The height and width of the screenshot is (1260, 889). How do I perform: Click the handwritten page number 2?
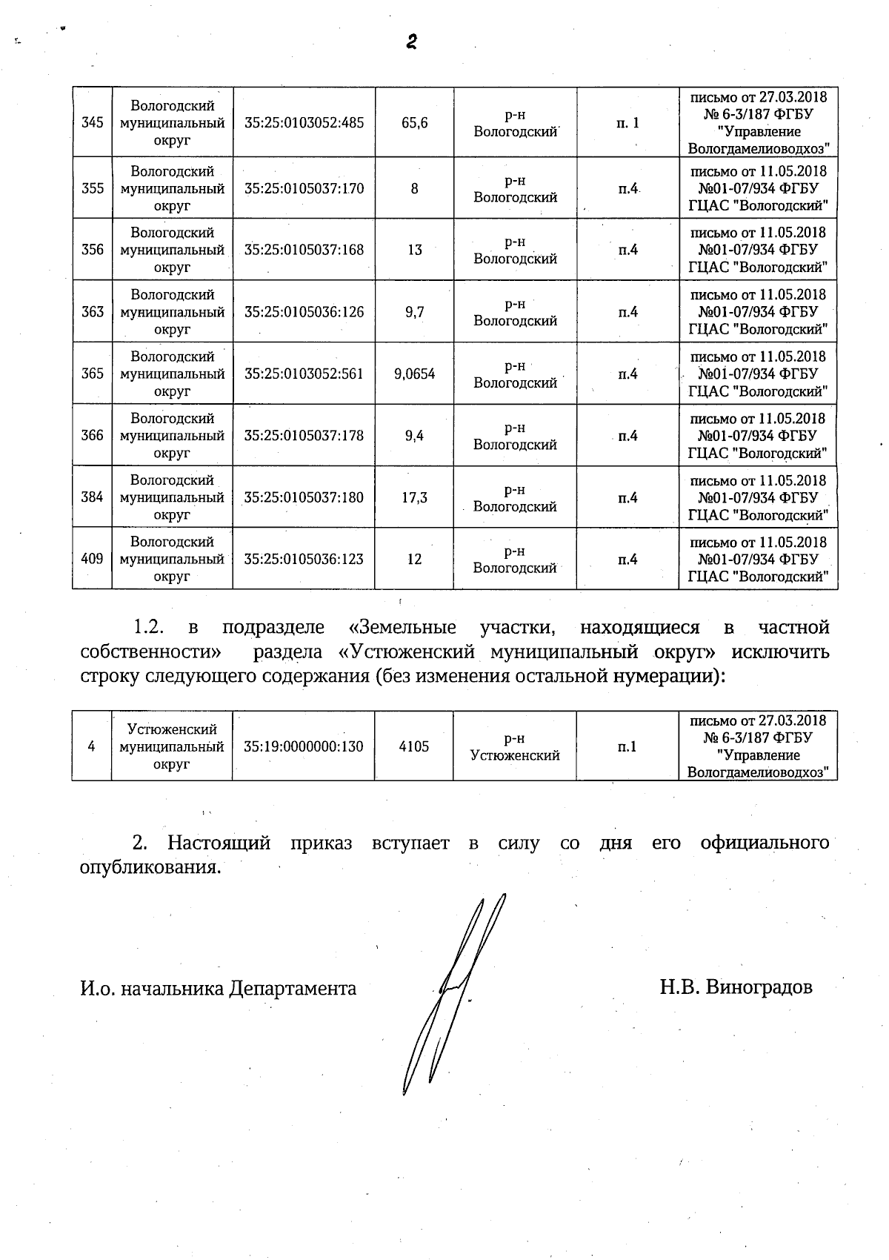point(412,42)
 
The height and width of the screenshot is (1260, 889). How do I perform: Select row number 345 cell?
point(92,123)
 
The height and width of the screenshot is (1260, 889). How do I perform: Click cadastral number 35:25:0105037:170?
point(304,188)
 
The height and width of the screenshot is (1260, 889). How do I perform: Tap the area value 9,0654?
point(415,374)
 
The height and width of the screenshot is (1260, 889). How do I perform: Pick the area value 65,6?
point(415,123)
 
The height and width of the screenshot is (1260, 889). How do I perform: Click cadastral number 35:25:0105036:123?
point(304,559)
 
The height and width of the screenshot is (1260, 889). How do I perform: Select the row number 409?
point(92,559)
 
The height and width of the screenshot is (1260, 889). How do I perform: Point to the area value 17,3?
point(415,497)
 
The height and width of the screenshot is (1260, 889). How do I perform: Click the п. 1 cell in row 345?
point(627,123)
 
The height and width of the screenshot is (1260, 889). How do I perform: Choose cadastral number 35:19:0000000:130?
point(304,746)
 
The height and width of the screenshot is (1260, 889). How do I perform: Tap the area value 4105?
point(414,746)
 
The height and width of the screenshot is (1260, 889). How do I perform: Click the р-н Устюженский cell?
point(515,747)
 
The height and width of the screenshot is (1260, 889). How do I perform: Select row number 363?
point(93,312)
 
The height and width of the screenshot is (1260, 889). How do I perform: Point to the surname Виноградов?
point(759,987)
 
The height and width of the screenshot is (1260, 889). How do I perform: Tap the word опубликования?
point(150,867)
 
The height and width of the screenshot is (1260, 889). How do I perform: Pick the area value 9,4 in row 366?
point(415,436)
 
